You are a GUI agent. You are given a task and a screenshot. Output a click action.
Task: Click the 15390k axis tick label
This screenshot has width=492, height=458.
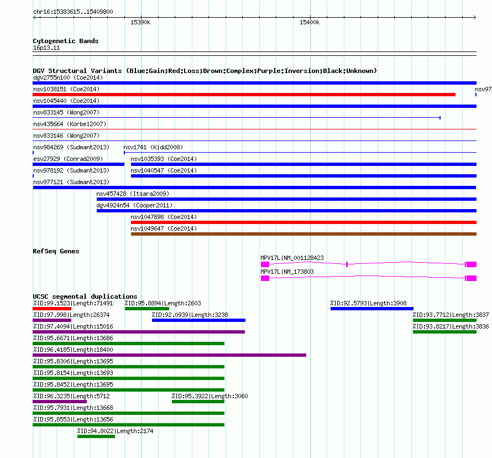[x=140, y=22]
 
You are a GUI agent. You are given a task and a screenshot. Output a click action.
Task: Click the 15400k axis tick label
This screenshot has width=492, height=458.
[x=310, y=22]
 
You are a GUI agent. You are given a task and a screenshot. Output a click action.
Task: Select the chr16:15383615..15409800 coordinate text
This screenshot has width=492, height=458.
[x=73, y=12]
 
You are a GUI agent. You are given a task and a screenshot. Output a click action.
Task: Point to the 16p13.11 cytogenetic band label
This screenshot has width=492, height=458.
[x=46, y=48]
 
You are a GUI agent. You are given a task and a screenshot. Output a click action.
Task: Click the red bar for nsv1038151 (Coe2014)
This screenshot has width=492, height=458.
[x=244, y=95]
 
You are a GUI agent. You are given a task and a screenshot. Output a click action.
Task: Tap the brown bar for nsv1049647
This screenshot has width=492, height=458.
[x=303, y=234]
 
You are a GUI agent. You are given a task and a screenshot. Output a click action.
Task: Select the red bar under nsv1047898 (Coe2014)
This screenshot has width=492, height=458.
[x=303, y=222]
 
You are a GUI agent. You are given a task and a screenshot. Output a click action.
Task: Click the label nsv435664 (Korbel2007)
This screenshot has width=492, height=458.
[x=70, y=124]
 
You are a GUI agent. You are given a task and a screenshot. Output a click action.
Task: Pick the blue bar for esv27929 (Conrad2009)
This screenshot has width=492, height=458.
[x=78, y=164]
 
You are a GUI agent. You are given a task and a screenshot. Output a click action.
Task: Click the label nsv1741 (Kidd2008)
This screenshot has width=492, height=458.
[x=153, y=147]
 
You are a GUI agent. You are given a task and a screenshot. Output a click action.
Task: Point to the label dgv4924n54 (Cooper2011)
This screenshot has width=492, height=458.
[x=135, y=205]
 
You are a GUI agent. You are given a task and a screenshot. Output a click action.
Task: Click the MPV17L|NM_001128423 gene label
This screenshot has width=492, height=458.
[x=292, y=258]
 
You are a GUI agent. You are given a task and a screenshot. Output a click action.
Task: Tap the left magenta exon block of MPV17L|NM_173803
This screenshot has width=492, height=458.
[x=265, y=278]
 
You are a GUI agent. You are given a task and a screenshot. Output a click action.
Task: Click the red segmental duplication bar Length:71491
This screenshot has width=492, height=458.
[x=52, y=309]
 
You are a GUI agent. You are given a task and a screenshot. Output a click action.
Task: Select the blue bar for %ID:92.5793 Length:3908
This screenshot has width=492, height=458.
[x=372, y=309]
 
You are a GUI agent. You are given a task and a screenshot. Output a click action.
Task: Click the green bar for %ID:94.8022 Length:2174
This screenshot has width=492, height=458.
[x=96, y=436]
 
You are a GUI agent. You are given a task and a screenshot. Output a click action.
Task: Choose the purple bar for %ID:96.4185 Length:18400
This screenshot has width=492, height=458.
[x=170, y=355]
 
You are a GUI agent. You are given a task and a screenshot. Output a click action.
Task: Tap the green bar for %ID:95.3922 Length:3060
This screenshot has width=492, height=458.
[x=198, y=402]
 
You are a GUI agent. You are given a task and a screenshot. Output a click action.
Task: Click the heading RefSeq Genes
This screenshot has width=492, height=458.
[x=56, y=251]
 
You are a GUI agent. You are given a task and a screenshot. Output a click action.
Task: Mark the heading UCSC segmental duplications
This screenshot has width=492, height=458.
[x=85, y=296]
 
